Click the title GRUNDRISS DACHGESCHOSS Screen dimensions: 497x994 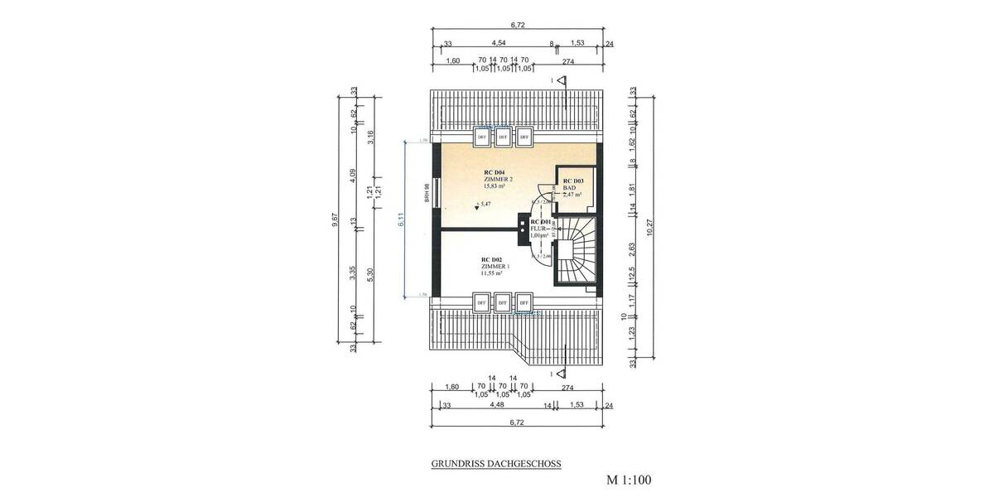(x=496, y=465)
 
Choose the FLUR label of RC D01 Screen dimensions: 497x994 (x=539, y=229)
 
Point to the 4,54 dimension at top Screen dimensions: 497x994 (x=499, y=42)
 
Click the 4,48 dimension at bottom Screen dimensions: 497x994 (x=497, y=405)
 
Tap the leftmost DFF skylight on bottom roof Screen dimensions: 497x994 (x=480, y=302)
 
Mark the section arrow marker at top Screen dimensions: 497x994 (x=561, y=80)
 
